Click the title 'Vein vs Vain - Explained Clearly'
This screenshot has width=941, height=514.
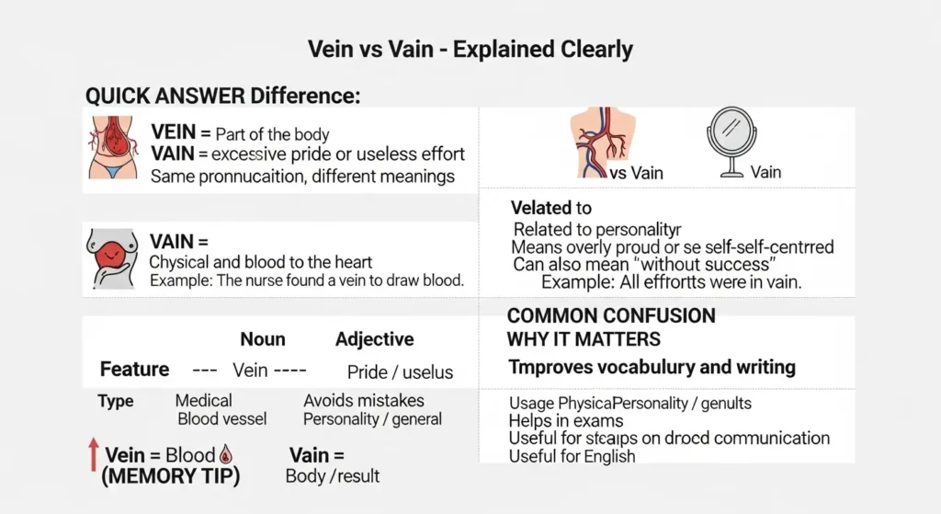click(x=470, y=50)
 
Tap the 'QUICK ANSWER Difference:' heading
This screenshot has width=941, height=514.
click(x=223, y=96)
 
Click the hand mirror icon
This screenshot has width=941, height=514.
click(x=731, y=143)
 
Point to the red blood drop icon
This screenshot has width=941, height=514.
click(x=226, y=454)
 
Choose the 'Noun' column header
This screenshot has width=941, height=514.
click(x=263, y=339)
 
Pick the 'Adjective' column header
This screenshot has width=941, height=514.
click(x=374, y=339)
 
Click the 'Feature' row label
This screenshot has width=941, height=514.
click(x=134, y=370)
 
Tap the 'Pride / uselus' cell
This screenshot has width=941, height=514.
click(x=400, y=372)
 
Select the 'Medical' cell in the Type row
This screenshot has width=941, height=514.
click(x=203, y=401)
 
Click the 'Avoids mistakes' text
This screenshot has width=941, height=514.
click(x=364, y=401)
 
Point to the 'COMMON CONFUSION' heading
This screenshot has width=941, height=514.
click(x=611, y=316)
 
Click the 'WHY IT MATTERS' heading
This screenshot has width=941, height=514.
click(x=584, y=339)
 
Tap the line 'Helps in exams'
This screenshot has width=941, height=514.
click(x=562, y=421)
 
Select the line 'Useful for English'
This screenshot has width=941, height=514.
click(x=573, y=456)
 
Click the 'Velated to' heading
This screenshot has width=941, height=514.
click(x=551, y=208)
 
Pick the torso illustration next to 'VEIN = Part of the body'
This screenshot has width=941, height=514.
click(x=108, y=146)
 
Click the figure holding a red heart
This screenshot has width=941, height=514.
click(x=112, y=260)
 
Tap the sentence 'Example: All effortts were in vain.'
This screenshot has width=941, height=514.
click(x=672, y=283)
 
